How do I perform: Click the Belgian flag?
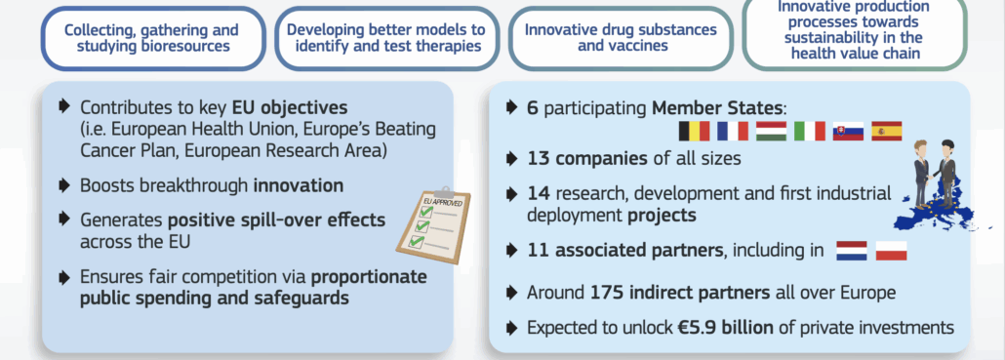(x=694, y=132)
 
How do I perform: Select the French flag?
(x=733, y=132)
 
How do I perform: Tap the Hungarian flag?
(x=771, y=132)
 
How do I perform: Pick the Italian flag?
(x=810, y=132)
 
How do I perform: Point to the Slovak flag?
(x=848, y=132)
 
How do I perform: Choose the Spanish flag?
(x=886, y=132)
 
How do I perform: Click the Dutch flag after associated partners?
(x=852, y=251)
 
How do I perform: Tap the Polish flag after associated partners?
(x=891, y=251)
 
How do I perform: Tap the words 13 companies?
(x=587, y=158)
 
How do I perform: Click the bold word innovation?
(x=299, y=185)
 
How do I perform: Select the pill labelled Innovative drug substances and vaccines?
(x=622, y=38)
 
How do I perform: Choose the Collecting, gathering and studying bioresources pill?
(x=153, y=38)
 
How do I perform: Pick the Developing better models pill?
(x=386, y=38)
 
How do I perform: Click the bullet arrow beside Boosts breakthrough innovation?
(x=63, y=185)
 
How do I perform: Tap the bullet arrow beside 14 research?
(x=511, y=193)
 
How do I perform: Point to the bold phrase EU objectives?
(x=291, y=106)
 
